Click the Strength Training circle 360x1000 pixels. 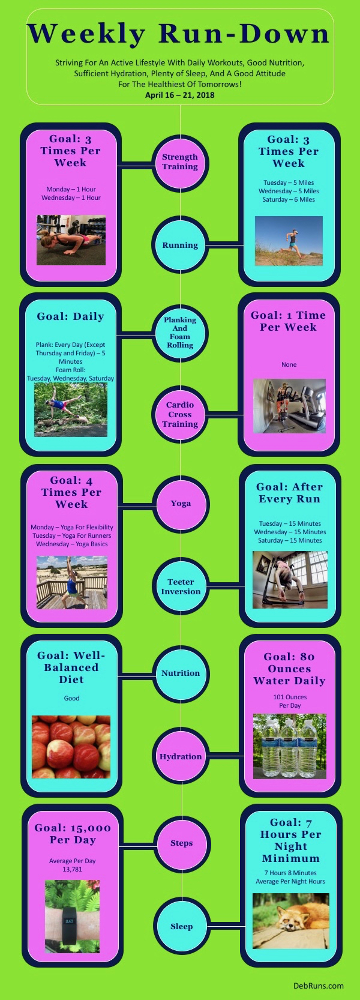click(180, 163)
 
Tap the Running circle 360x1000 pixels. click(180, 245)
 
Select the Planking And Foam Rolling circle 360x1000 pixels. click(180, 333)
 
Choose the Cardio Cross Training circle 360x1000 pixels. click(180, 414)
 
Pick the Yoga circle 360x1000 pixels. click(181, 504)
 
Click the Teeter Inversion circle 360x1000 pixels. click(181, 586)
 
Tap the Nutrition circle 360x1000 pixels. click(181, 673)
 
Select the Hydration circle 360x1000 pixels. click(181, 756)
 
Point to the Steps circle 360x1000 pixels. click(181, 843)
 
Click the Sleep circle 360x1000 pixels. click(181, 926)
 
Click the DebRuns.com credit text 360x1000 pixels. click(319, 986)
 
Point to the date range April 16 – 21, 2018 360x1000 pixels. click(180, 95)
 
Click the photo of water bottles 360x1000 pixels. click(290, 746)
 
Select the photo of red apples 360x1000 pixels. click(71, 747)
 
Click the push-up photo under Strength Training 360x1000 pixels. click(71, 240)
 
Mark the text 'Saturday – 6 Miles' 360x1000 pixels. click(289, 199)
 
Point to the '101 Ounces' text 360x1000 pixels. click(290, 697)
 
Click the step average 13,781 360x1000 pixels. click(73, 869)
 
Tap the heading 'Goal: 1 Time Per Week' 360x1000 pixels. click(289, 321)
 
